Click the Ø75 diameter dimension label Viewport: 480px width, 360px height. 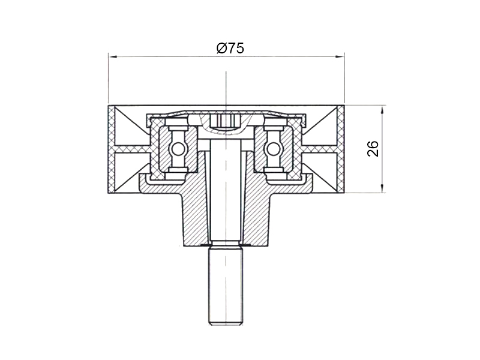(x=230, y=48)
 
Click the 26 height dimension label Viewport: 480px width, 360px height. (x=373, y=149)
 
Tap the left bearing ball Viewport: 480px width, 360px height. (x=178, y=149)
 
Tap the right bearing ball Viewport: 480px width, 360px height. (x=274, y=149)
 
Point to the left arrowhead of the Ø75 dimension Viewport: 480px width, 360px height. (x=113, y=56)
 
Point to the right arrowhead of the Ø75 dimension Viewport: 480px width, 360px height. (x=340, y=56)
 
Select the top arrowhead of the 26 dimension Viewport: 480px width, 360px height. (x=382, y=110)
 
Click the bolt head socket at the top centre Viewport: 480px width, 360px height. (x=226, y=122)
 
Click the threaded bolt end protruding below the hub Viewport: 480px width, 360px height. (x=226, y=287)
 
